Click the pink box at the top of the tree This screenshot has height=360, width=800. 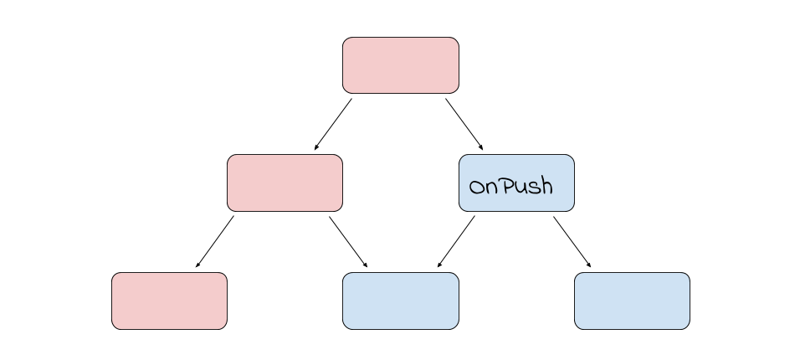click(x=401, y=65)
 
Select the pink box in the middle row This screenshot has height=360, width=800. click(x=285, y=183)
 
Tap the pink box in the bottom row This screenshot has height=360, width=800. click(x=169, y=301)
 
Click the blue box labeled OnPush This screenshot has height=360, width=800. click(x=516, y=183)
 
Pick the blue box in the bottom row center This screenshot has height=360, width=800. click(x=401, y=301)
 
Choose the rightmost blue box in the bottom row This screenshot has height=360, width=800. click(x=632, y=301)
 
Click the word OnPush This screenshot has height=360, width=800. click(x=511, y=187)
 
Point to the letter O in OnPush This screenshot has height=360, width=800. click(x=476, y=188)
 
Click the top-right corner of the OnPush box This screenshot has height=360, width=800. click(x=572, y=157)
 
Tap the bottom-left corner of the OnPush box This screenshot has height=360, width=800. click(x=462, y=208)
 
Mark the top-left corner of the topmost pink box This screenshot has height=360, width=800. click(x=346, y=40)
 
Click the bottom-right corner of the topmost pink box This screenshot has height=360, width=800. click(x=456, y=90)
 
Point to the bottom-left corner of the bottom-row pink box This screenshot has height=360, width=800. click(x=115, y=327)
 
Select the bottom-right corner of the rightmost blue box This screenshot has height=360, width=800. click(x=687, y=327)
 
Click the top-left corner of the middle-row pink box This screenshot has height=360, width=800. click(x=230, y=157)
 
